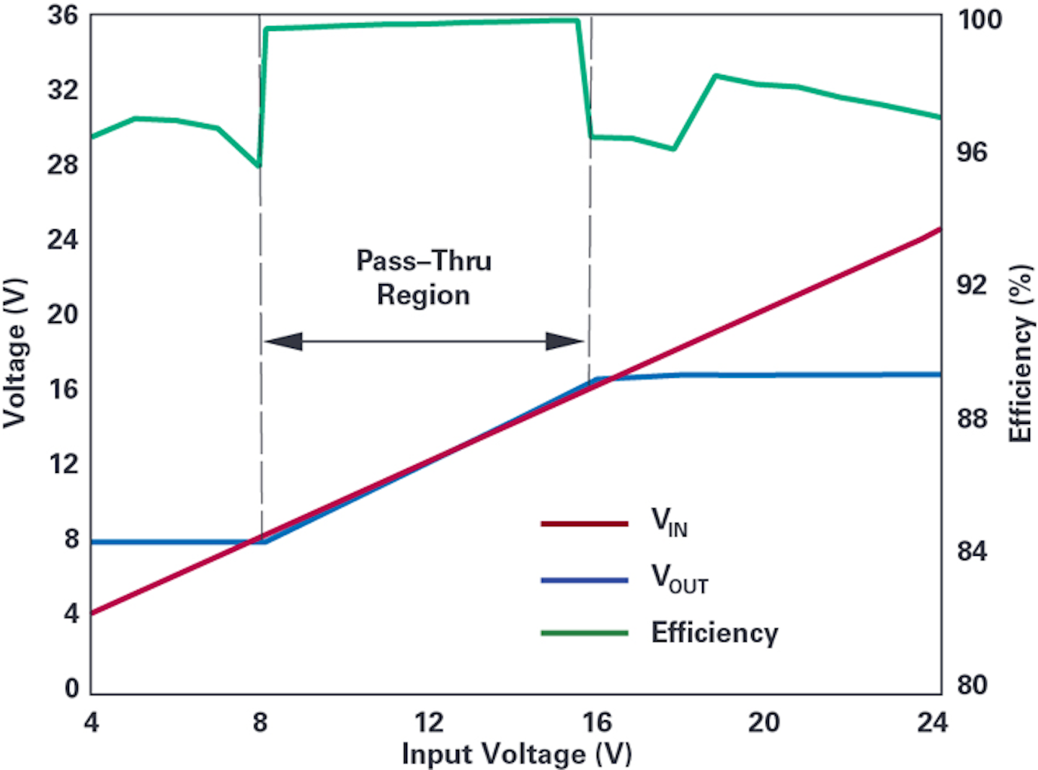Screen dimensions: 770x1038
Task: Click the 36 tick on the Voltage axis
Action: pyautogui.click(x=63, y=15)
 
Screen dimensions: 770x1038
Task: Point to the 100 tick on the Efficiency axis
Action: pyautogui.click(x=979, y=19)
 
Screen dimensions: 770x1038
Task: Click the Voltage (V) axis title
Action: pyautogui.click(x=16, y=353)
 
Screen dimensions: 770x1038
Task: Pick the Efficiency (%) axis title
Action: pyautogui.click(x=1021, y=353)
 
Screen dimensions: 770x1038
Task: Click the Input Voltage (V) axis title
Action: pyautogui.click(x=517, y=754)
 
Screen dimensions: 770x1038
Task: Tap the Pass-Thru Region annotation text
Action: pyautogui.click(x=424, y=278)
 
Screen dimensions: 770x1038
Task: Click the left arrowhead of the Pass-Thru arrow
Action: pyautogui.click(x=283, y=341)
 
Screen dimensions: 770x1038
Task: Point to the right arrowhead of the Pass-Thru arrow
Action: pyautogui.click(x=564, y=341)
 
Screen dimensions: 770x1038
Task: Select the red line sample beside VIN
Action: pyautogui.click(x=584, y=523)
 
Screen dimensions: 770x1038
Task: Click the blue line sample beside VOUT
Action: pyautogui.click(x=584, y=580)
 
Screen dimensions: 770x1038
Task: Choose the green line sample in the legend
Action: pyautogui.click(x=584, y=633)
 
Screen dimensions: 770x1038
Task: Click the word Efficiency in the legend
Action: pyautogui.click(x=714, y=633)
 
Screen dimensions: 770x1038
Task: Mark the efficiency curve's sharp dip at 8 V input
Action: pyautogui.click(x=259, y=166)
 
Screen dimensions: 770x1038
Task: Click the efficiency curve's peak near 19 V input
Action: pyautogui.click(x=715, y=76)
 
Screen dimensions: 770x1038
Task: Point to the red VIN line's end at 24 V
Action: pyautogui.click(x=940, y=229)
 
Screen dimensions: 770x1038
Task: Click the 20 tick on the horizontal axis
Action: pyautogui.click(x=763, y=722)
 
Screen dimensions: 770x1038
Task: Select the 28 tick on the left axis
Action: pyautogui.click(x=63, y=164)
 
